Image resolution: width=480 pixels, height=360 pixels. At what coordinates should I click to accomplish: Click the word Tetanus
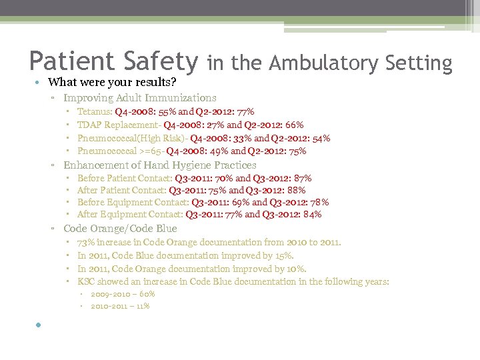pos(94,112)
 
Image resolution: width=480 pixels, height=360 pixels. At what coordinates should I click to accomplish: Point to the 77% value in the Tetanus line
pos(244,112)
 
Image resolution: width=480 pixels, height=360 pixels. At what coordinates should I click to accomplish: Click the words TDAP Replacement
pos(118,125)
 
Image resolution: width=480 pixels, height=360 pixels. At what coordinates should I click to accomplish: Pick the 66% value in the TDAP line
pos(294,125)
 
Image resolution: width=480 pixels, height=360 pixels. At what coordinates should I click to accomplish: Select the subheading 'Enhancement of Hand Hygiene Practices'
pos(160,165)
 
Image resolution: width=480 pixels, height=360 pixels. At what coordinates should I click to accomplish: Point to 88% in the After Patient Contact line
pos(295,190)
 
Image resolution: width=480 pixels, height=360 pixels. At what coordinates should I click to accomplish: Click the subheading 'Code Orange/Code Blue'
pos(120,229)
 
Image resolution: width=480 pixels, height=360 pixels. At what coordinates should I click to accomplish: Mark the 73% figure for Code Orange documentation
pos(87,242)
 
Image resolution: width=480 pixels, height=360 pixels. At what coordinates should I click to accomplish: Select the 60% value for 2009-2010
pos(147,293)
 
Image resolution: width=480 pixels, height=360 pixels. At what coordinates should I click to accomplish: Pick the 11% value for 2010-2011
pos(141,306)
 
